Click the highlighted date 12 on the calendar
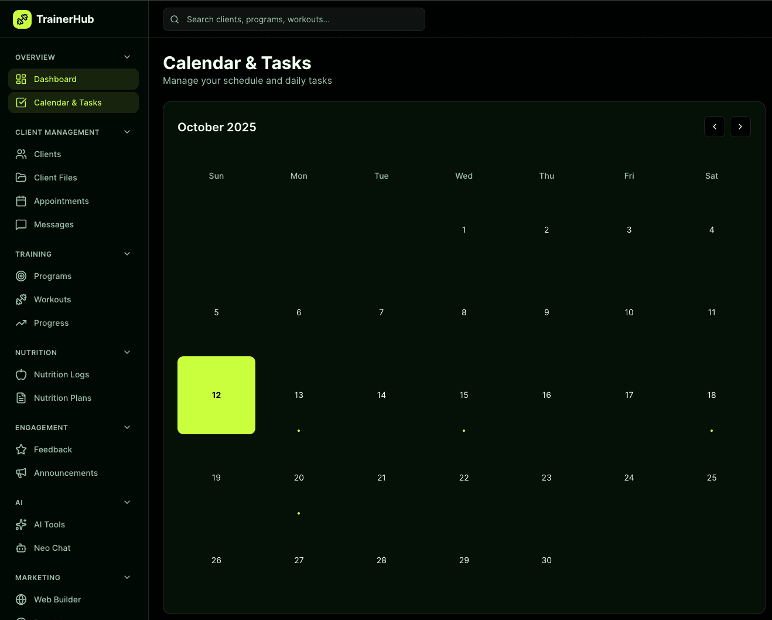click(216, 395)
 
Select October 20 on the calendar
click(299, 478)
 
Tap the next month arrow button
click(740, 127)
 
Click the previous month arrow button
click(714, 127)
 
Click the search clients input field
click(294, 19)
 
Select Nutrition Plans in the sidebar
click(63, 398)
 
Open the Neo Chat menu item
click(52, 548)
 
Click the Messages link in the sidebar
click(54, 224)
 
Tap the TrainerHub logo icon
click(22, 19)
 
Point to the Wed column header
click(464, 176)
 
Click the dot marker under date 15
click(464, 431)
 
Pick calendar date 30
click(546, 560)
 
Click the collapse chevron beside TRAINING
click(127, 254)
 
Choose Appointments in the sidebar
click(62, 201)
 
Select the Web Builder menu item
click(57, 599)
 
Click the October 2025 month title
click(217, 127)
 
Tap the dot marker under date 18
click(712, 431)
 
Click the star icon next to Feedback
click(21, 449)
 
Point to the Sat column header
click(712, 176)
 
